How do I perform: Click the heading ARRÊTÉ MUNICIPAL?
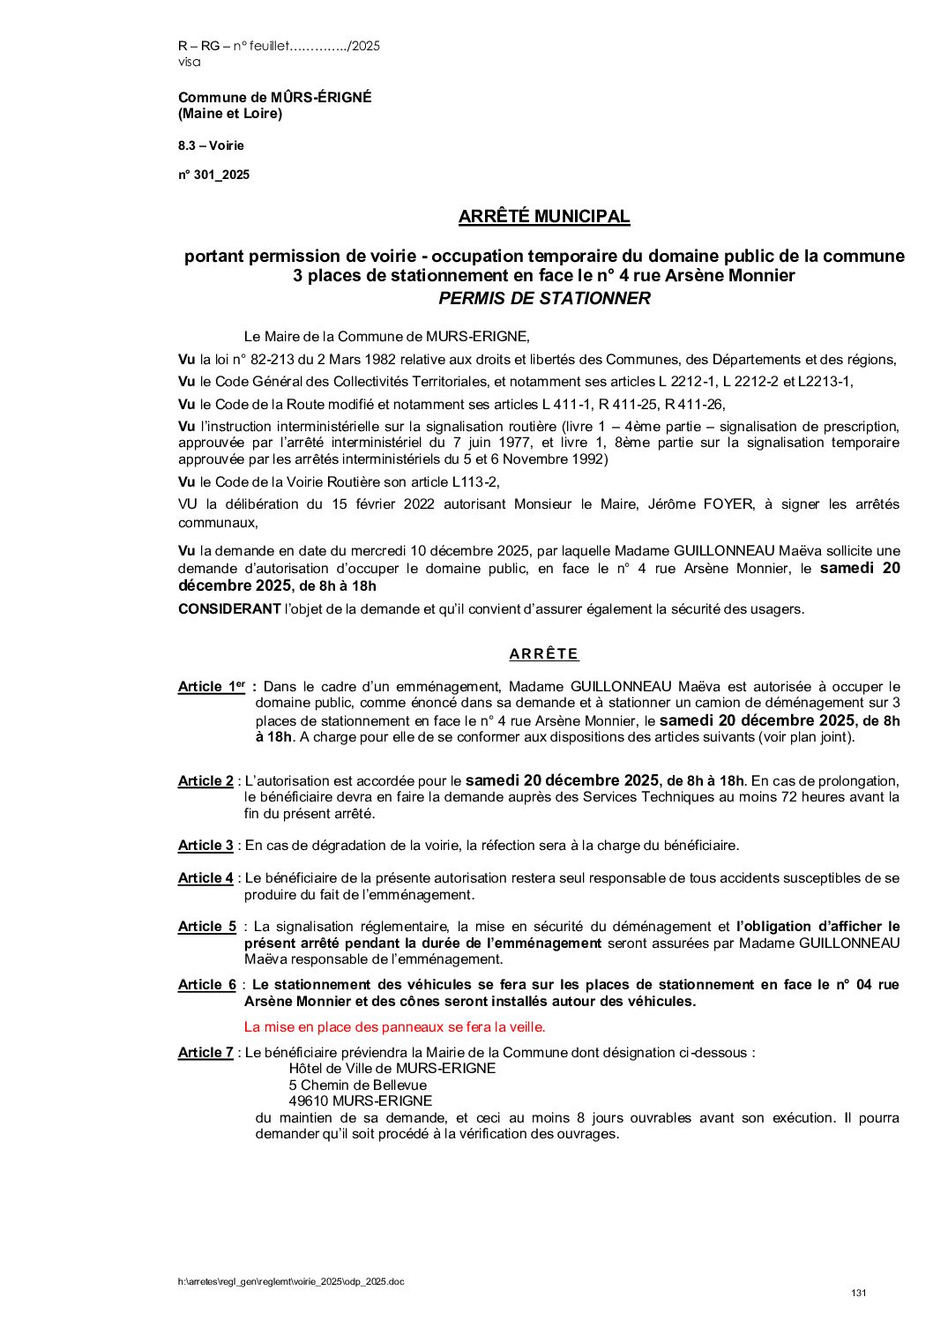coord(543,217)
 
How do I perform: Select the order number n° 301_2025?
coord(213,175)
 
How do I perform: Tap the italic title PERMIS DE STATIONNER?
coord(544,298)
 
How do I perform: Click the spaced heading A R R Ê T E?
coord(543,654)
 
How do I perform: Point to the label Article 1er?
coord(212,687)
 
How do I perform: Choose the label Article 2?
coord(205,781)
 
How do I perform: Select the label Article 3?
coord(205,846)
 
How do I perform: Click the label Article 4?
coord(205,878)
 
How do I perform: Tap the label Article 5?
coord(206,927)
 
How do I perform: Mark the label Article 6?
coord(206,985)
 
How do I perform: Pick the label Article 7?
coord(205,1053)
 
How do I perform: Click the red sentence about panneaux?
coord(394,1027)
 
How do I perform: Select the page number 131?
coord(859,1293)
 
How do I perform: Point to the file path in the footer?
coord(290,1281)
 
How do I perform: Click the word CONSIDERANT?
coord(228,609)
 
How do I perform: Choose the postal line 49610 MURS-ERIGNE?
coord(360,1101)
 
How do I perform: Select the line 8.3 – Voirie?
coord(211,145)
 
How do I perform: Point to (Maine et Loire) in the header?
coord(230,114)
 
